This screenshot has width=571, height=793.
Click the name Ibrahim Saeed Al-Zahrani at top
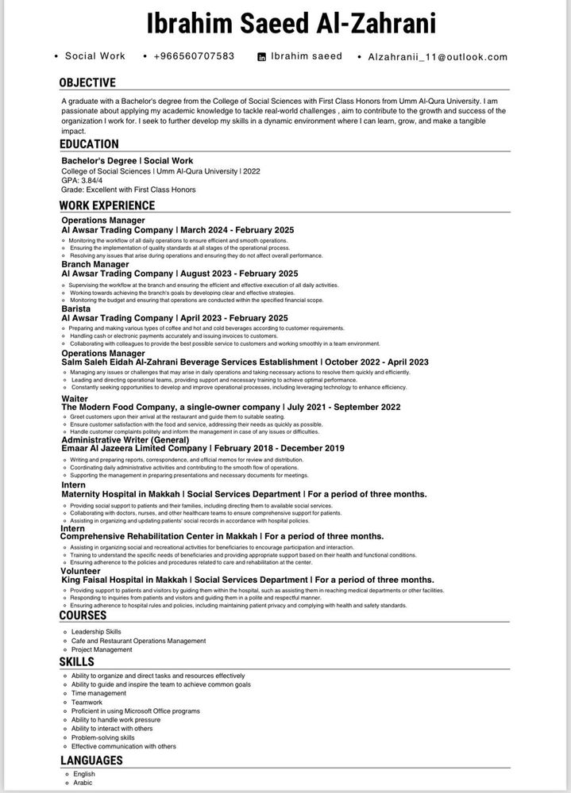pyautogui.click(x=291, y=24)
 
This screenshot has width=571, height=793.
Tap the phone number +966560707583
pyautogui.click(x=194, y=56)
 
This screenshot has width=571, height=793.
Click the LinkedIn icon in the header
pyautogui.click(x=262, y=57)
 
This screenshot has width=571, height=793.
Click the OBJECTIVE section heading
pyautogui.click(x=87, y=82)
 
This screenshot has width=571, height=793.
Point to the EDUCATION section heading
pyautogui.click(x=89, y=144)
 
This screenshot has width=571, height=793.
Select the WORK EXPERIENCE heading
pyautogui.click(x=107, y=206)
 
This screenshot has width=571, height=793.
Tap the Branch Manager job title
pyautogui.click(x=95, y=264)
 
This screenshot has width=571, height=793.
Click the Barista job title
pyautogui.click(x=77, y=308)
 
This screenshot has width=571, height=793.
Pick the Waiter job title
pyautogui.click(x=75, y=398)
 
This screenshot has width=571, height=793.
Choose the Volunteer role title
pyautogui.click(x=81, y=571)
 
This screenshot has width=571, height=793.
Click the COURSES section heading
pyautogui.click(x=83, y=615)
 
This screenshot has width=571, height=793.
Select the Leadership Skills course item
pyautogui.click(x=96, y=631)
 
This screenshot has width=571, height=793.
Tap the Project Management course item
pyautogui.click(x=102, y=649)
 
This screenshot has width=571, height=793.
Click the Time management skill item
pyautogui.click(x=98, y=693)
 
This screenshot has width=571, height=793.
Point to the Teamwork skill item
pyautogui.click(x=87, y=702)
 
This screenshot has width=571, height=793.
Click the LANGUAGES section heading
pyautogui.click(x=91, y=760)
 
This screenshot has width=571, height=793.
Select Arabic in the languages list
pyautogui.click(x=82, y=783)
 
